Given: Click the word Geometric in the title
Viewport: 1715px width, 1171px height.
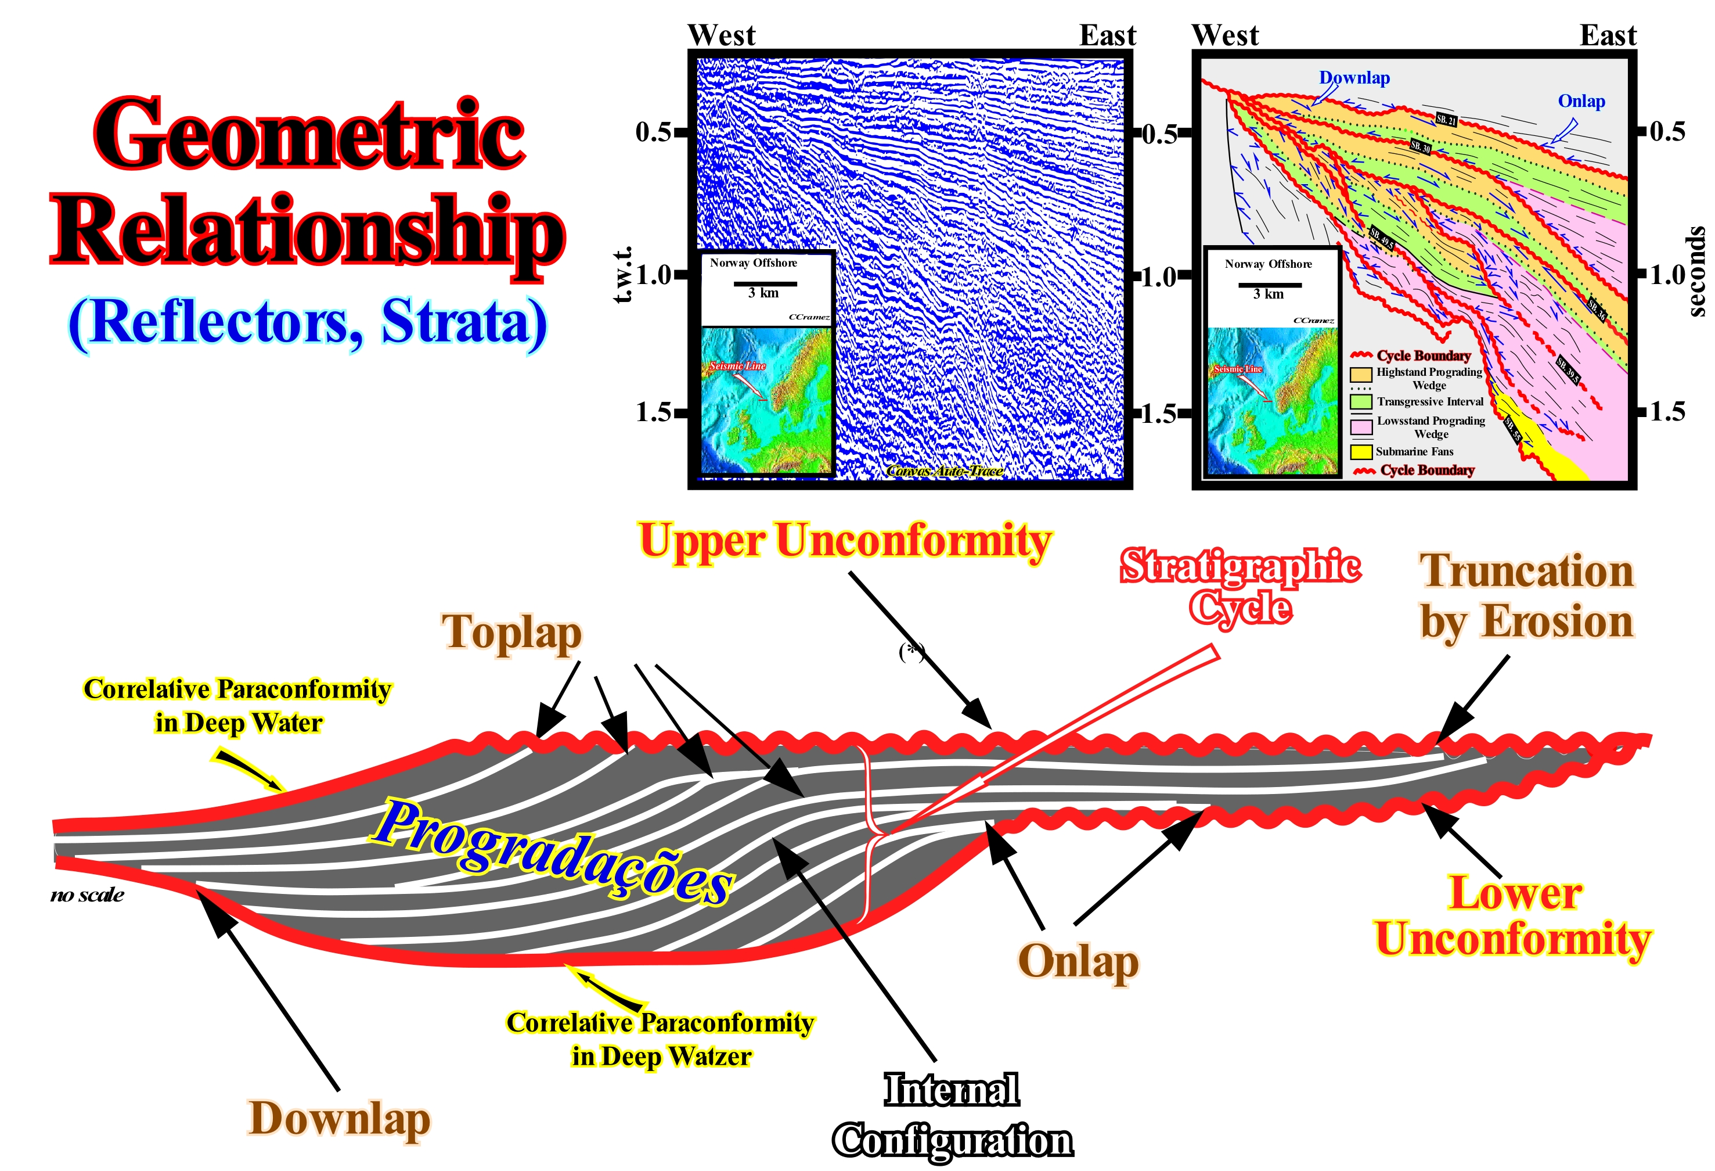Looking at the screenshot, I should coord(309,134).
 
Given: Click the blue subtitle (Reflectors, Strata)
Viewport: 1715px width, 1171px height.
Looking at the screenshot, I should coord(308,322).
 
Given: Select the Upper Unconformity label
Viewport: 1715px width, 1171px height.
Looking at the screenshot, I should coord(844,541).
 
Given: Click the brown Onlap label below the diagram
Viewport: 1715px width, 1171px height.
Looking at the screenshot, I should coord(1078,962).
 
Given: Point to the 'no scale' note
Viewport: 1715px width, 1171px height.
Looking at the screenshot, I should coord(87,896).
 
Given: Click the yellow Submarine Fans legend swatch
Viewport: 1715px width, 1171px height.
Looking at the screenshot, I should coord(1361,451).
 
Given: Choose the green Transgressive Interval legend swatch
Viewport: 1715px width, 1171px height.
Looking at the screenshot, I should coord(1361,401).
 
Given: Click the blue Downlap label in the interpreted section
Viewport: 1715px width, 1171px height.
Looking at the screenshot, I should coord(1354,78).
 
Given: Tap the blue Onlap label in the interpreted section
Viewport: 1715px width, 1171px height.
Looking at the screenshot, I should coord(1581,101).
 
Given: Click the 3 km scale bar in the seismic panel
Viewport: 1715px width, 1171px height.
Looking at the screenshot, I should coord(765,283).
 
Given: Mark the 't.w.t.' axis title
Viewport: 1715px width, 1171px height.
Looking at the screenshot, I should coord(623,275).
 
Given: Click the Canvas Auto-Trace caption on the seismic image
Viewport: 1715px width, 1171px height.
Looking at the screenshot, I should coord(944,471).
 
